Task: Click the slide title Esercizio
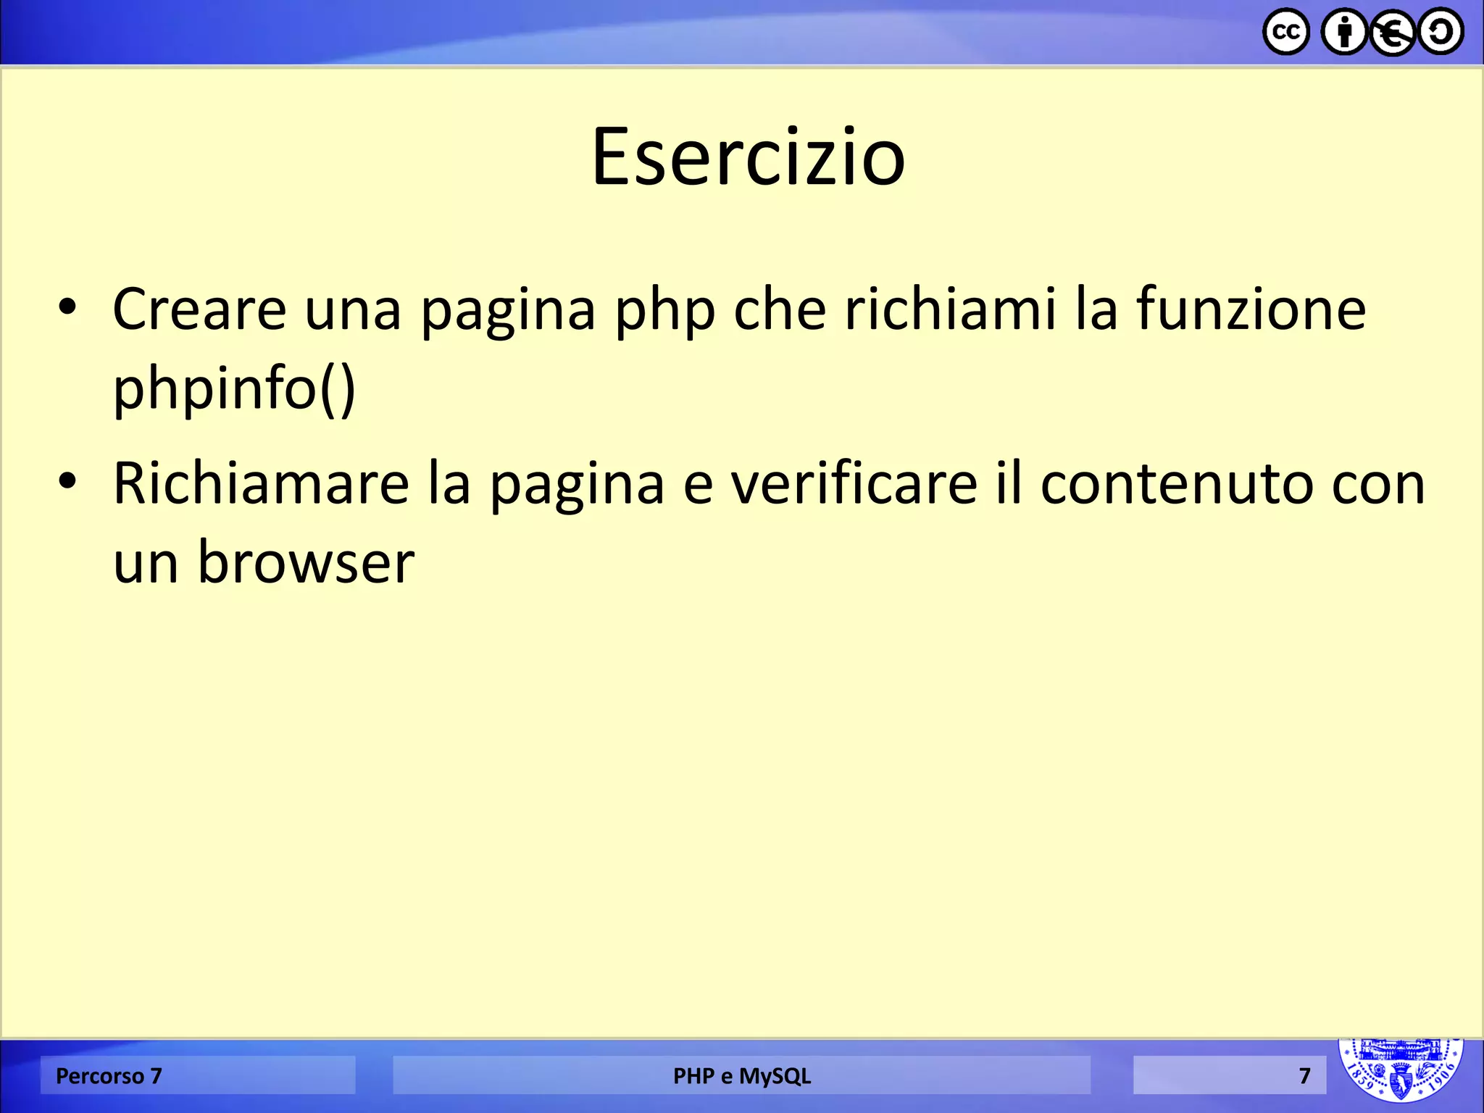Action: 748,157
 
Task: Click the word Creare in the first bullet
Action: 199,309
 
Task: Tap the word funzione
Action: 1251,309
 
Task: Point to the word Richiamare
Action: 261,483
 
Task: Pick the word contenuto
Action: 1174,483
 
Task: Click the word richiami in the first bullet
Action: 950,309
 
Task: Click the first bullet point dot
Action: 67,307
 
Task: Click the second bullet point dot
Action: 67,480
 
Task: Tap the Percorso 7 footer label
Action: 109,1076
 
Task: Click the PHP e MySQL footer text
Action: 741,1076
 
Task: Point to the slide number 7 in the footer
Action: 1304,1076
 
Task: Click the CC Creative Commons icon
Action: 1286,32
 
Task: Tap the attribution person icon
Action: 1345,32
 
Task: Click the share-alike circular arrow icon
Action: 1441,32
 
